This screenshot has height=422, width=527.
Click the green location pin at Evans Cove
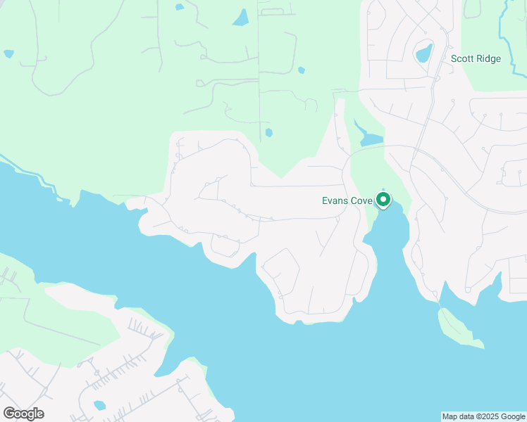coord(383,200)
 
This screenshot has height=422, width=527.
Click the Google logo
coord(23,413)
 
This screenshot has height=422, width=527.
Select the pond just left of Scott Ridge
coord(423,53)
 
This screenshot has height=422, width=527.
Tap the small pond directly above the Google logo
coord(99,405)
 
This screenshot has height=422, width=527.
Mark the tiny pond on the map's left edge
coord(8,53)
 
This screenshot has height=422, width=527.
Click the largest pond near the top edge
coord(241,18)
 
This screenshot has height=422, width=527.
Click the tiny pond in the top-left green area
coord(180,7)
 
